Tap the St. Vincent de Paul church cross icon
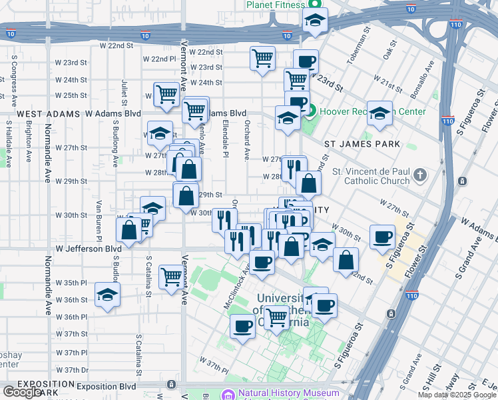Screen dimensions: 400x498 pos(419,175)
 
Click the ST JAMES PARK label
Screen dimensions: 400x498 pos(362,144)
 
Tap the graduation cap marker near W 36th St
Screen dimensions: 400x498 pos(108,295)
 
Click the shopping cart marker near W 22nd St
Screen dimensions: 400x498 pos(263,58)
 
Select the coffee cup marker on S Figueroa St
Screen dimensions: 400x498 pos(383,237)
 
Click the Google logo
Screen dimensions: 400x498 pos(22,391)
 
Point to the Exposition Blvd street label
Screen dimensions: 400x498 pos(106,387)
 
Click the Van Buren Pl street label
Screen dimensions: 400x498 pos(98,220)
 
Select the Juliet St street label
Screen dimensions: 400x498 pos(124,93)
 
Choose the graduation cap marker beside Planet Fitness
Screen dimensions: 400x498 pos(315,21)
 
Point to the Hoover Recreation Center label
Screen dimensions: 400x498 pos(371,111)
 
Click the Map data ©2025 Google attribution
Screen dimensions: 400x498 pos(457,395)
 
